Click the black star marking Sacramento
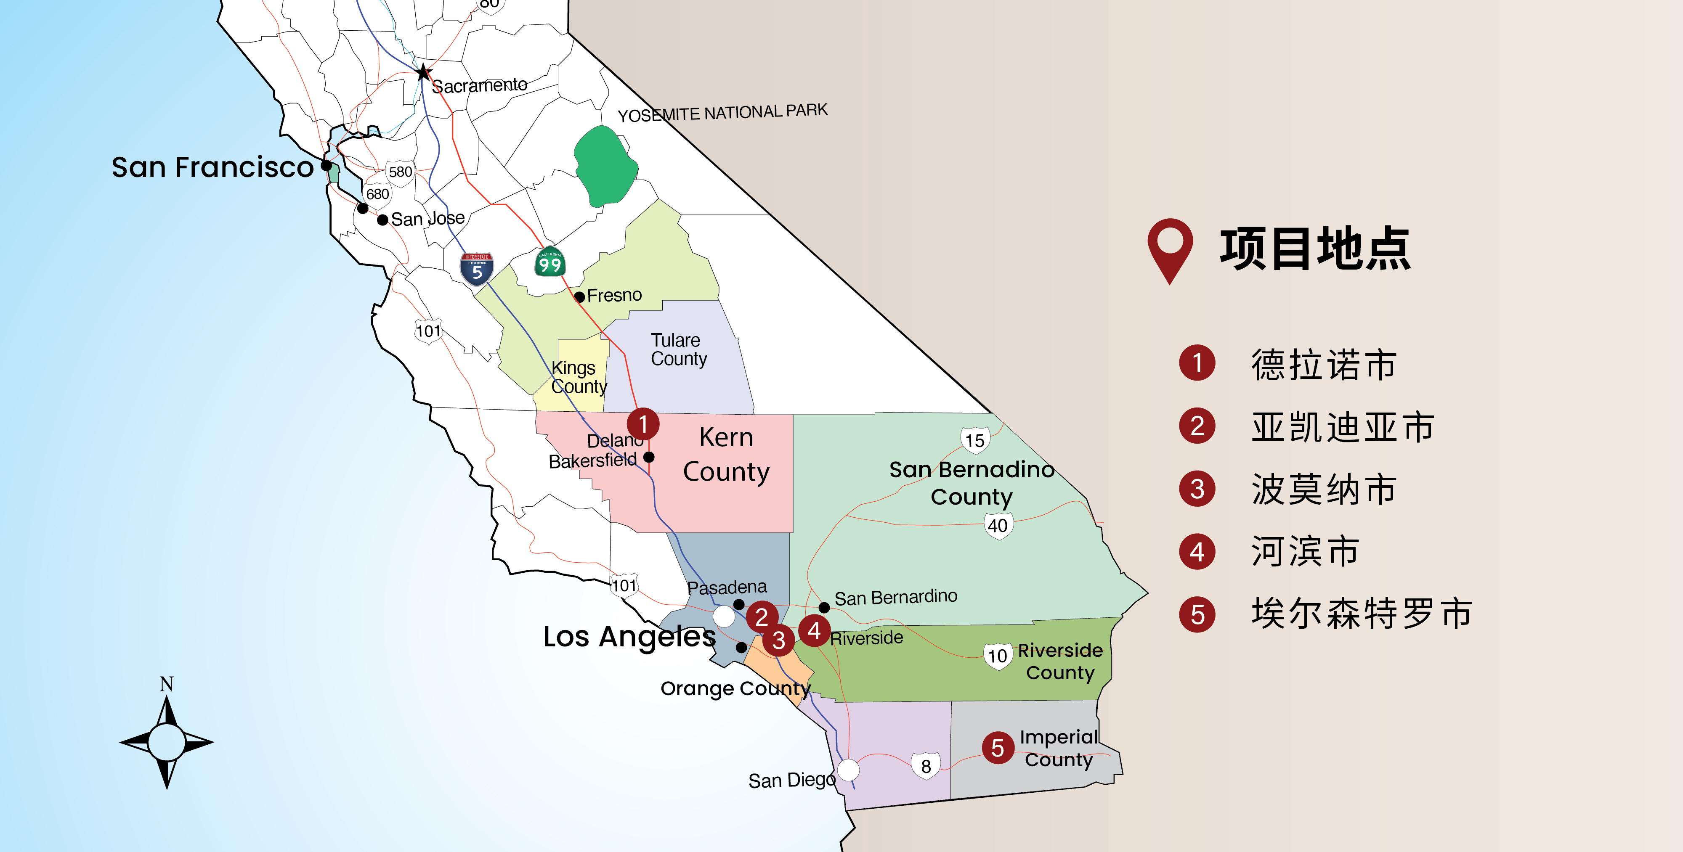423,72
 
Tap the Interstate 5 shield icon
477,269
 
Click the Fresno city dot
579,297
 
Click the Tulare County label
678,350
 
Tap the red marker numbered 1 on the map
643,424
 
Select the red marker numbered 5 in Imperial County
997,748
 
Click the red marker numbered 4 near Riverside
814,631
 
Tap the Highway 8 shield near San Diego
926,766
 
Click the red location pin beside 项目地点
1170,248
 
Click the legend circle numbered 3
1197,488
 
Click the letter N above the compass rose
167,683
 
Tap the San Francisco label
212,167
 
